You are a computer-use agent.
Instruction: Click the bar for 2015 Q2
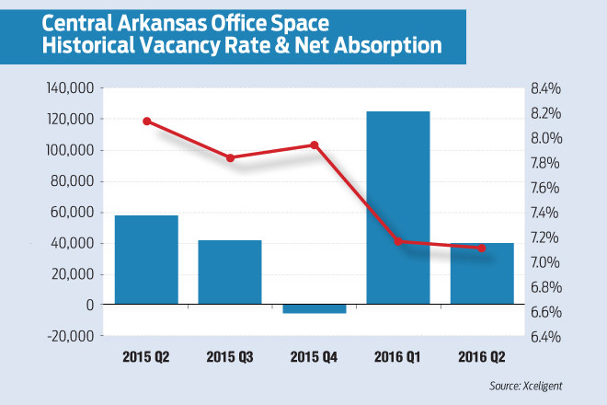coord(146,260)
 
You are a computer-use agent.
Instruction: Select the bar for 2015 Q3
coord(230,272)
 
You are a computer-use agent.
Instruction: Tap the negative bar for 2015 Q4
coord(314,309)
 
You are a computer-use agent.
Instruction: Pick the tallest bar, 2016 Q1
coord(398,207)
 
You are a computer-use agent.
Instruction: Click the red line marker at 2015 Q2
coord(146,121)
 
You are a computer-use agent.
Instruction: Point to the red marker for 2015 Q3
coord(230,157)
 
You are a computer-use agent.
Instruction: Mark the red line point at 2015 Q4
coord(314,145)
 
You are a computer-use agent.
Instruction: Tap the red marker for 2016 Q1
coord(398,241)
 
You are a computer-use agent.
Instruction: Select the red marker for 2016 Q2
coord(481,248)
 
